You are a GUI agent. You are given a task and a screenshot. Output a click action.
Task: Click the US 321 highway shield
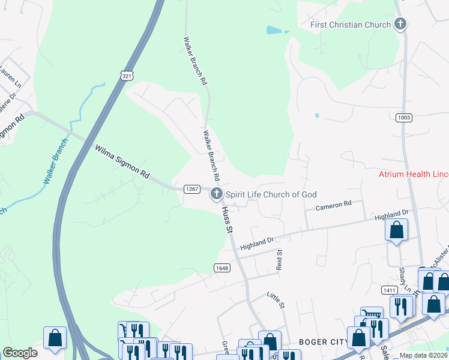click(x=125, y=74)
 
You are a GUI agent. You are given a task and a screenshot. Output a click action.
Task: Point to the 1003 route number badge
click(x=403, y=118)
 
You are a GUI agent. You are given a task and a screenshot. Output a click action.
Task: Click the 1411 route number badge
click(x=388, y=290)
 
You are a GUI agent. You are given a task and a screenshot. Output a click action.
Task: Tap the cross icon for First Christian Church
click(x=400, y=25)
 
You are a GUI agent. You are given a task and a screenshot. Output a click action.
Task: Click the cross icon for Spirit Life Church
click(x=216, y=194)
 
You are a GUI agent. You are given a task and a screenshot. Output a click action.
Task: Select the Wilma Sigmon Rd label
click(x=122, y=162)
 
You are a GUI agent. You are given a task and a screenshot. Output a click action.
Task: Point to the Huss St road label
click(x=226, y=220)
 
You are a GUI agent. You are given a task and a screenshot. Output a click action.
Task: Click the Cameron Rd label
click(x=333, y=205)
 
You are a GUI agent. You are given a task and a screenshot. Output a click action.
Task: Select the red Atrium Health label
click(x=413, y=175)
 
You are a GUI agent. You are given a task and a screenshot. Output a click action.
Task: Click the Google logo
click(x=20, y=352)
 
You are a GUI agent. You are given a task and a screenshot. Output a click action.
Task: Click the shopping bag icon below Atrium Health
click(x=396, y=230)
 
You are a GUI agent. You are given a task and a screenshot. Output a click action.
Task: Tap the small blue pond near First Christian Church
click(x=274, y=29)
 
